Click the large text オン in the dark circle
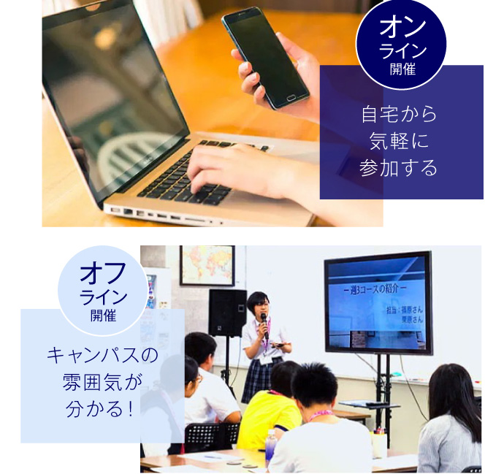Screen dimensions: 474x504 click(402, 28)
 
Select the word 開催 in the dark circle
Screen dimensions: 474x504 click(402, 69)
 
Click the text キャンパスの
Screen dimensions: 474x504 click(102, 356)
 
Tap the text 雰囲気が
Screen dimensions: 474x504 click(102, 382)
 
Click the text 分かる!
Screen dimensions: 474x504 click(102, 409)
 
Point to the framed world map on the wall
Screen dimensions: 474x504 click(207, 265)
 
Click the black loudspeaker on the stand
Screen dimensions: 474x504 click(227, 313)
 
